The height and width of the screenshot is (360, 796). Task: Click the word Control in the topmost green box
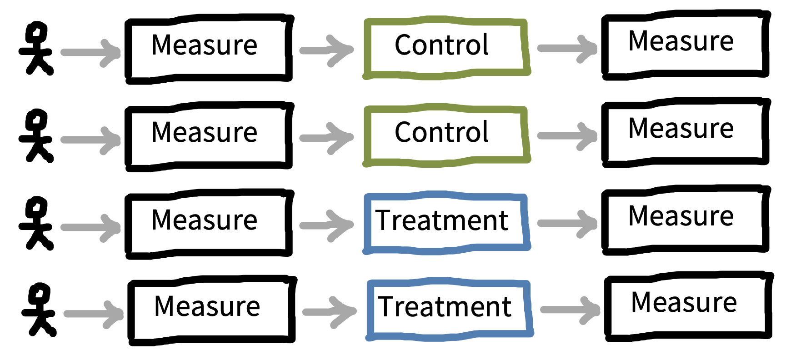(441, 45)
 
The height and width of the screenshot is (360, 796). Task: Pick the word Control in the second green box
(441, 132)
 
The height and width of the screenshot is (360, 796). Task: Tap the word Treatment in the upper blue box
(441, 220)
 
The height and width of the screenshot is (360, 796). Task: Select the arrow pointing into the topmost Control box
(327, 50)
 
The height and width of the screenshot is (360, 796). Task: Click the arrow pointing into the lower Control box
(327, 137)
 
